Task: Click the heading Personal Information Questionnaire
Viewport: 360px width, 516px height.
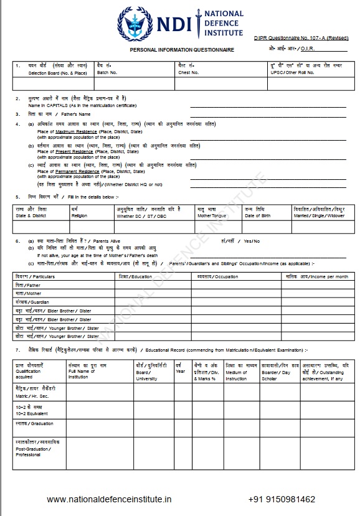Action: (x=182, y=49)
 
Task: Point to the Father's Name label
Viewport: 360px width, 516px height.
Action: (x=60, y=115)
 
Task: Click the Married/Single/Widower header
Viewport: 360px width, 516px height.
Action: (x=319, y=212)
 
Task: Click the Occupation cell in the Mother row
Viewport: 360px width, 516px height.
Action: (x=237, y=293)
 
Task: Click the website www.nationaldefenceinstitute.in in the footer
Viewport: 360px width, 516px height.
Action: (x=109, y=499)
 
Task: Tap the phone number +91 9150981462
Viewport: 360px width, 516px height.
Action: (x=282, y=499)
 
